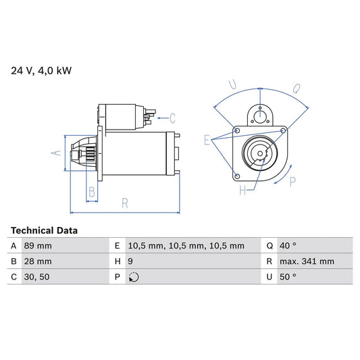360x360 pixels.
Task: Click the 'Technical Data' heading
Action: pyautogui.click(x=44, y=230)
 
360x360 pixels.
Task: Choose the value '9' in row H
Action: pyautogui.click(x=130, y=261)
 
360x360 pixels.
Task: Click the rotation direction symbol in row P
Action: pyautogui.click(x=133, y=277)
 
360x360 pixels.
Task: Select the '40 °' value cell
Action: pyautogui.click(x=289, y=246)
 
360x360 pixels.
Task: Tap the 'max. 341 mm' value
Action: pyautogui.click(x=306, y=261)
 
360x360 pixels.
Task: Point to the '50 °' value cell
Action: pyautogui.click(x=289, y=277)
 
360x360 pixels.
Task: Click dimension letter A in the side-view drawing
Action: pyautogui.click(x=57, y=153)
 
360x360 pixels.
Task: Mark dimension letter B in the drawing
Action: pyautogui.click(x=92, y=192)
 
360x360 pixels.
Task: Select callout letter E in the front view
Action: pyautogui.click(x=207, y=140)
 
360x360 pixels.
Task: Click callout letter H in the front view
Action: pyautogui.click(x=242, y=190)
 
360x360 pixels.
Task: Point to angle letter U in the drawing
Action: pyautogui.click(x=233, y=84)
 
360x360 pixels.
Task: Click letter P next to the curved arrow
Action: pyautogui.click(x=292, y=180)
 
